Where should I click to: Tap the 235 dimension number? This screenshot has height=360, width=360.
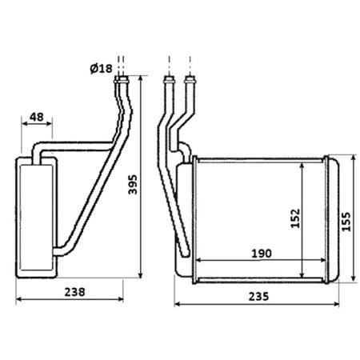(256, 295)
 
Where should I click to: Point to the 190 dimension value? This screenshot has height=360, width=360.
(261, 253)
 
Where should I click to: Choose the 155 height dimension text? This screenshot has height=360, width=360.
(346, 220)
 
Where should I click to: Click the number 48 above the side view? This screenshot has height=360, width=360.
(36, 116)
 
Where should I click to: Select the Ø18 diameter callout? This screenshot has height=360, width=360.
(101, 69)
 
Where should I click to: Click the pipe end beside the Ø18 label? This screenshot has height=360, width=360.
(122, 79)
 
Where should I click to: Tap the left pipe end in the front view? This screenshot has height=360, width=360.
(169, 80)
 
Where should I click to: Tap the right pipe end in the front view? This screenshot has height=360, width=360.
(191, 80)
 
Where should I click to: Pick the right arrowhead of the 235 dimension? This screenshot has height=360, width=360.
(338, 304)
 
